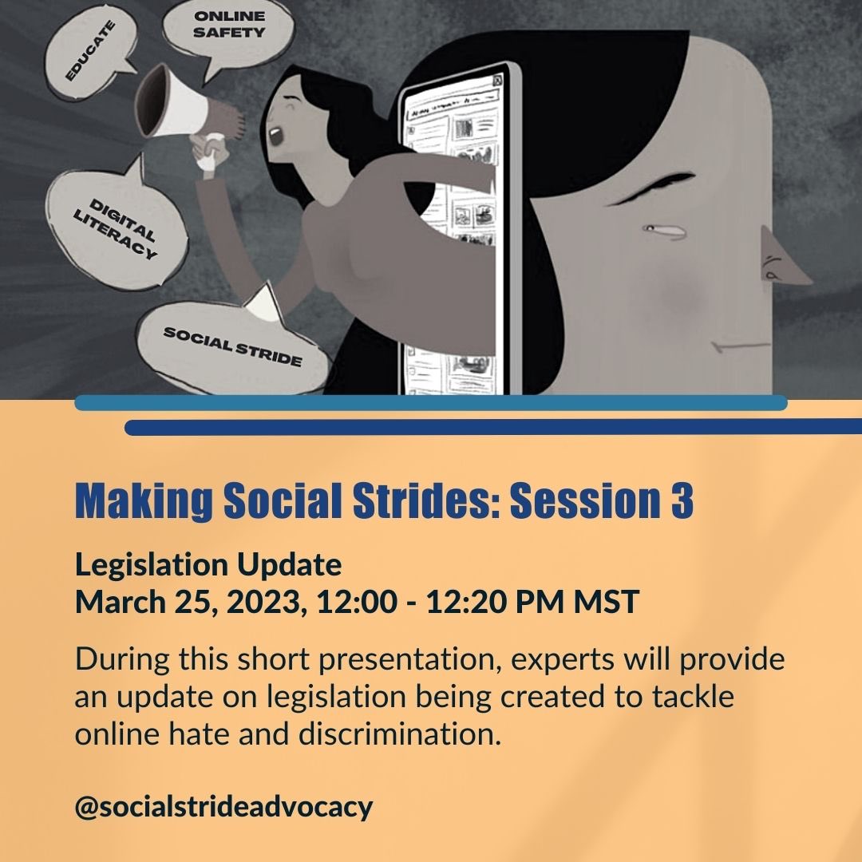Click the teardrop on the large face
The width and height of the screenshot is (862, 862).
(664, 231)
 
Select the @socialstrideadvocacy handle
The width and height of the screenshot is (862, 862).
(223, 806)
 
